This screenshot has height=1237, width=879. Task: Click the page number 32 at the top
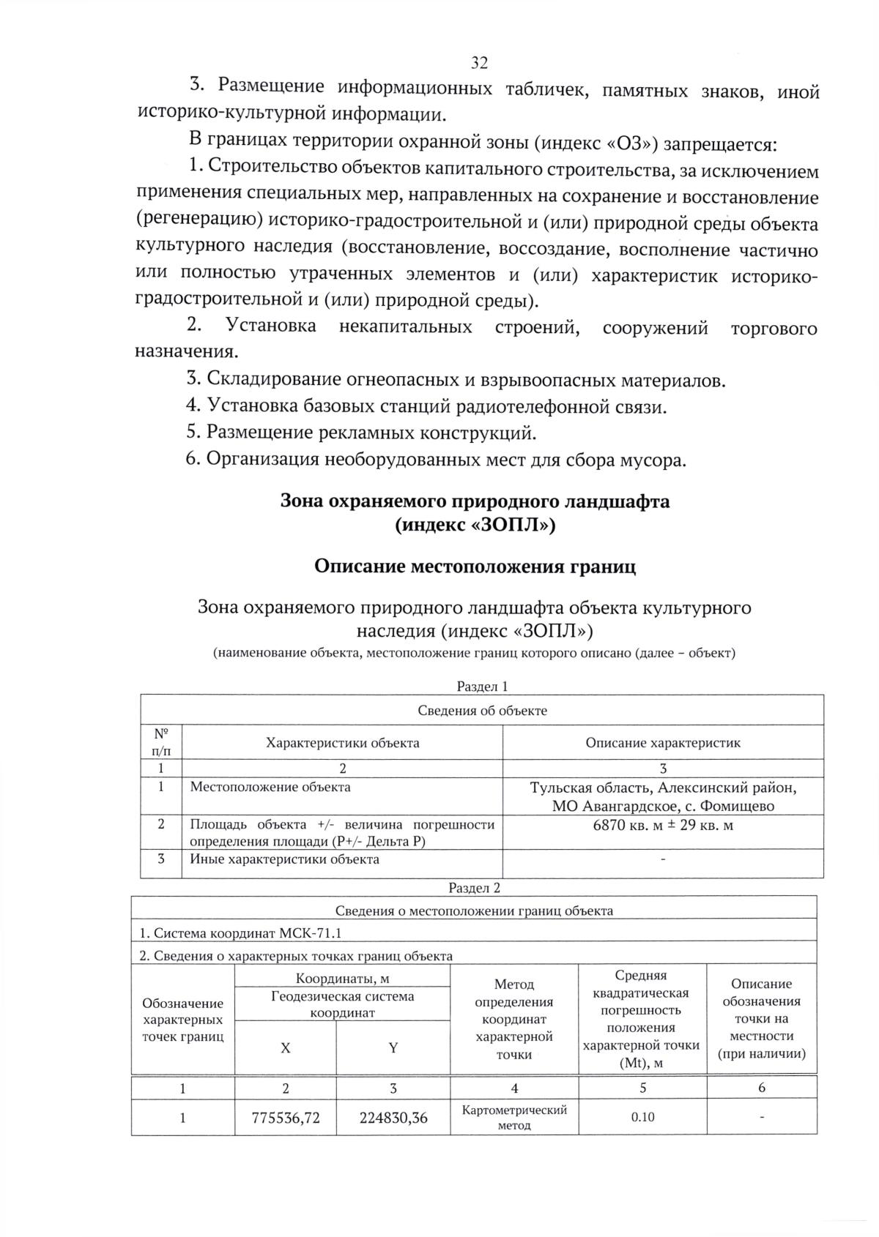click(479, 62)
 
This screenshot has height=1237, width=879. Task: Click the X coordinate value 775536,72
click(286, 1118)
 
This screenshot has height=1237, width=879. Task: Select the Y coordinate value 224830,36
click(393, 1118)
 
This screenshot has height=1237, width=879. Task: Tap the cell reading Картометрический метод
click(514, 1118)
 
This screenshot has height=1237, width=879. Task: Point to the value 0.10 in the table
click(642, 1117)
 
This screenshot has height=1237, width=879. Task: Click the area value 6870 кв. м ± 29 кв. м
click(663, 825)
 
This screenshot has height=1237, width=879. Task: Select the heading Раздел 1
click(482, 687)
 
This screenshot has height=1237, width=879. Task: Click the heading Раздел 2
click(474, 888)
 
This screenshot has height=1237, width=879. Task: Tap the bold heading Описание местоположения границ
click(475, 567)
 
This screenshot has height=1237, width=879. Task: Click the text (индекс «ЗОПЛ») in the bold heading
click(475, 526)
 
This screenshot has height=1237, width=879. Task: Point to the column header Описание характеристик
click(663, 743)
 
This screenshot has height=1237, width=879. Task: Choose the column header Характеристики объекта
click(342, 743)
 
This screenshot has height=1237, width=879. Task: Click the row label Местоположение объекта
click(270, 788)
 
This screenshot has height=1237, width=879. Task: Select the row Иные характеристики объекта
click(284, 859)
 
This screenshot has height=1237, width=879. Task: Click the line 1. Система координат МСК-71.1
click(240, 933)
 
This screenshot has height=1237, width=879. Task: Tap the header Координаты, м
click(342, 979)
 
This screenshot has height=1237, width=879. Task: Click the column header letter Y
click(393, 1048)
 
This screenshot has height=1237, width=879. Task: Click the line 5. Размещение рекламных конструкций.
click(361, 433)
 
